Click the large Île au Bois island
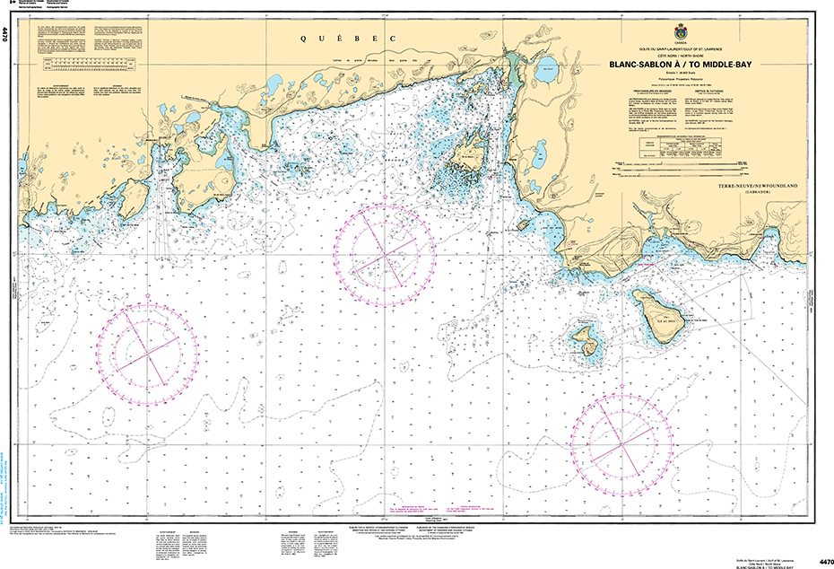(658, 317)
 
